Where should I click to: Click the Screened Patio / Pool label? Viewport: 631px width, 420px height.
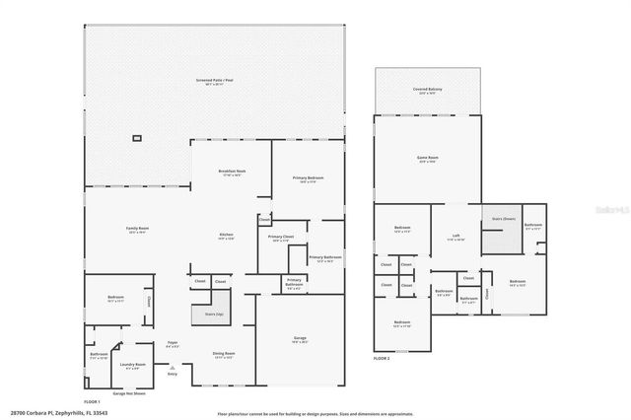[x=215, y=80]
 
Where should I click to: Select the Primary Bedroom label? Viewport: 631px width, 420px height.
[x=308, y=178]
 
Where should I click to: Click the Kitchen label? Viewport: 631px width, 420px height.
[x=226, y=236]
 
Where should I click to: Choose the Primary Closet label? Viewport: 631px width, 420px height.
[x=281, y=238]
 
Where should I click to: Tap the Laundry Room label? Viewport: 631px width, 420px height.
[x=133, y=365]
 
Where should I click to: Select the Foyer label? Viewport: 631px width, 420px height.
[x=173, y=345]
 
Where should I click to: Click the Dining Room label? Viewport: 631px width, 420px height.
[x=224, y=354]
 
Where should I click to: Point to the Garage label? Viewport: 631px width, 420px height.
[x=300, y=339]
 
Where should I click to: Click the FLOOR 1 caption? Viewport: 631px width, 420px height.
[x=92, y=403]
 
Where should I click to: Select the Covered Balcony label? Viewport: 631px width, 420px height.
[x=427, y=90]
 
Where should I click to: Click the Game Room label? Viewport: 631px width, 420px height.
[x=427, y=159]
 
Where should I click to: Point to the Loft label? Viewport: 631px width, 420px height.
[x=456, y=236]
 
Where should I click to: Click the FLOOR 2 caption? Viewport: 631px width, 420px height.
[x=382, y=357]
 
